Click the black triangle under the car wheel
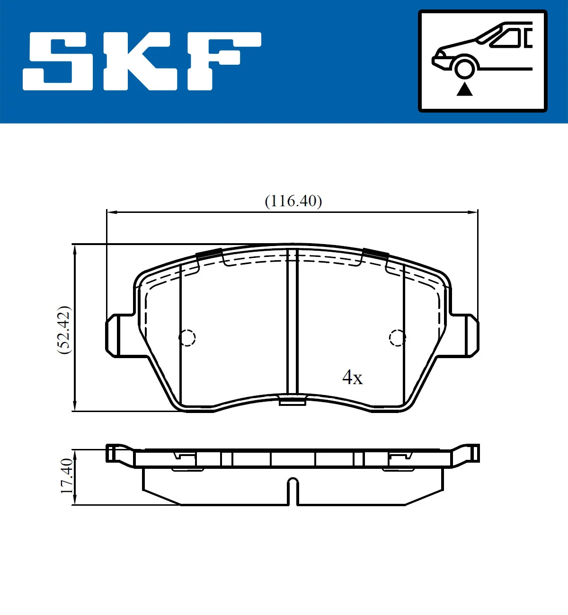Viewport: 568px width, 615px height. (x=464, y=89)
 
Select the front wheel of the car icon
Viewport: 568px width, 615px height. (x=464, y=68)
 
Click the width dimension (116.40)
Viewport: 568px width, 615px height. (x=293, y=201)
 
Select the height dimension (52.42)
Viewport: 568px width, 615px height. (x=64, y=330)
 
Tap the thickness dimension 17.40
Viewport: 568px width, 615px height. (x=67, y=476)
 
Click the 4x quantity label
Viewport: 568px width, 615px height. (x=352, y=378)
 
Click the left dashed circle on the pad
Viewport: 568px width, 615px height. (x=187, y=337)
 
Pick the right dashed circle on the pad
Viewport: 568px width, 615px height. (x=397, y=337)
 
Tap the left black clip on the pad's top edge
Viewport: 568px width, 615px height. (x=209, y=254)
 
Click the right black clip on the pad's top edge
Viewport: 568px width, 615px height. (x=376, y=254)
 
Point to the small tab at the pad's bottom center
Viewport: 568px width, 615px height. (x=292, y=402)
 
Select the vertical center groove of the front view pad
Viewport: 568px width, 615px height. (x=293, y=322)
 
